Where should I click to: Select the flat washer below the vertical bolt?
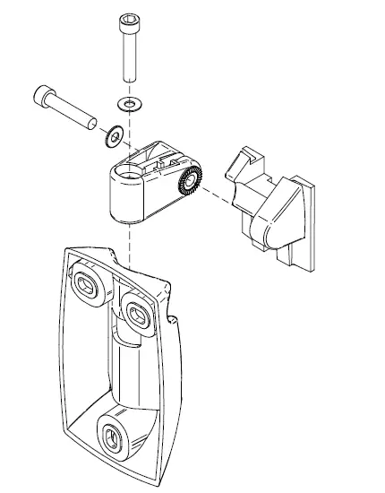pos(130,104)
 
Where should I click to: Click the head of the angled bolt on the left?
pos(46,93)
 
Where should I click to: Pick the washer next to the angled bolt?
pos(115,137)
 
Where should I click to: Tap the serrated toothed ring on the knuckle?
pos(190,182)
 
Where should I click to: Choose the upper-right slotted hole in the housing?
pos(139,311)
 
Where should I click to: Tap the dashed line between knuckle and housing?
pos(130,242)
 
